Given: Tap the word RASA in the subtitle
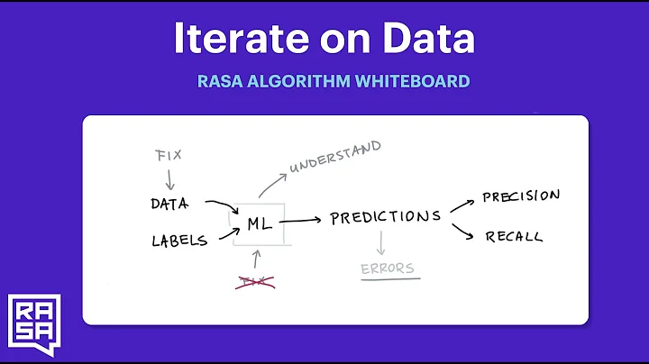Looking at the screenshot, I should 221,81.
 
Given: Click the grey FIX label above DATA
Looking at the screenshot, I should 168,155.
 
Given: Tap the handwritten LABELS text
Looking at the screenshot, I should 178,240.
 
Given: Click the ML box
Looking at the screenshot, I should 258,221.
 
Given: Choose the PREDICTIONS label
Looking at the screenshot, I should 385,217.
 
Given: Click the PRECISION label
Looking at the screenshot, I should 521,196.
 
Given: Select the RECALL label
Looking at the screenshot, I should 514,237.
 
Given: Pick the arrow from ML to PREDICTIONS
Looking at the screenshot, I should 300,220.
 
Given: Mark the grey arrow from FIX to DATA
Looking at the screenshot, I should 169,178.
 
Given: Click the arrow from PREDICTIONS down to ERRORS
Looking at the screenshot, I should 382,241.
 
